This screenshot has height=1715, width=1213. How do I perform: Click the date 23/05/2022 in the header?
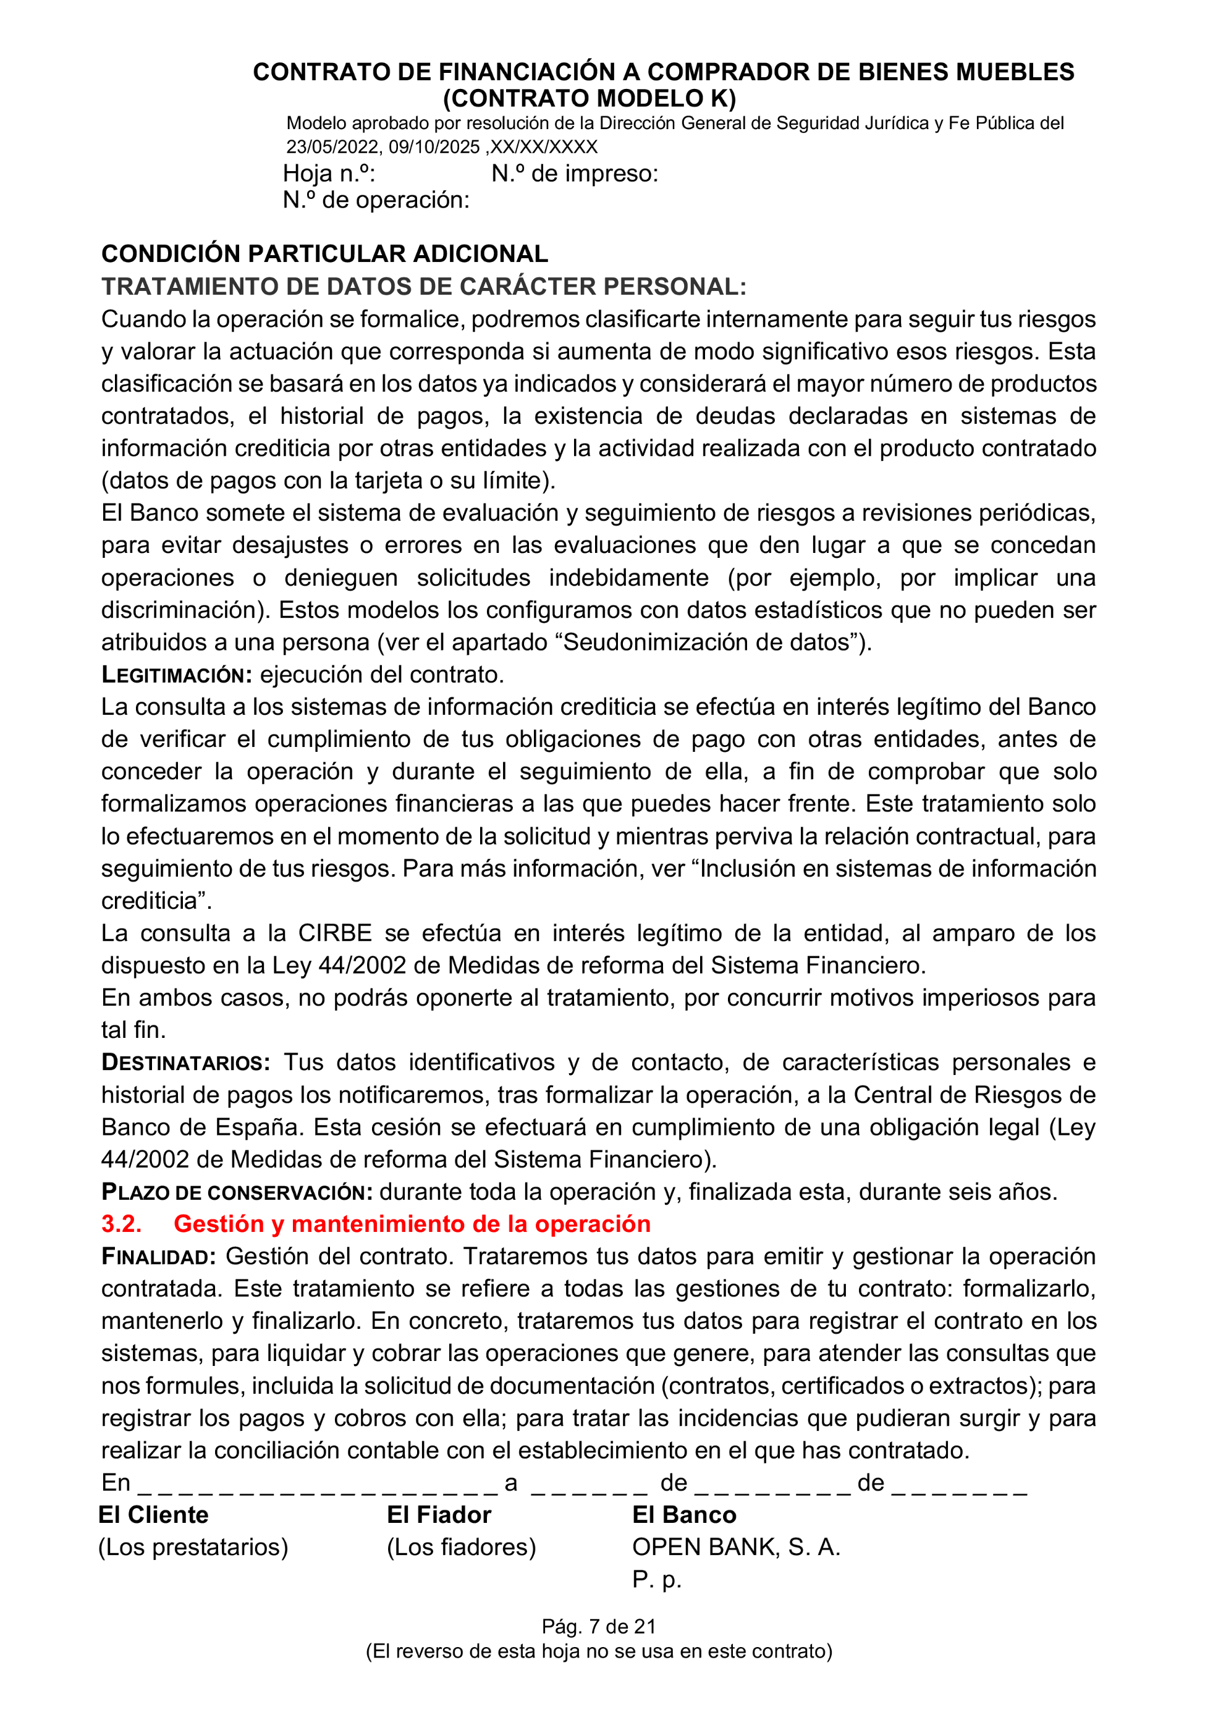click(x=331, y=147)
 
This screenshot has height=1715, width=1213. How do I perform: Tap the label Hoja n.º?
click(x=329, y=174)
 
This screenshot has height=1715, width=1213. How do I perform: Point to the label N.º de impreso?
click(x=575, y=174)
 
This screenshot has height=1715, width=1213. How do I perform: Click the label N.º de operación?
click(x=376, y=200)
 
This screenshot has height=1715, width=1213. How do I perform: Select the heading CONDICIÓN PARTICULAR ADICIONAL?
click(x=324, y=254)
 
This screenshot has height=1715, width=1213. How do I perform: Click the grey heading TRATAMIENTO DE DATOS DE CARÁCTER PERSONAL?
click(x=423, y=287)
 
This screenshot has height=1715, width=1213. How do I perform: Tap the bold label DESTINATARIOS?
click(x=186, y=1063)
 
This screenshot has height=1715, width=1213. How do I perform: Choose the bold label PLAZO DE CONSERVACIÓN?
click(x=237, y=1192)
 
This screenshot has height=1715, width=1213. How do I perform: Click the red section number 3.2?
click(x=121, y=1224)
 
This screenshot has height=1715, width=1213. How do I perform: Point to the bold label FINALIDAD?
click(x=158, y=1257)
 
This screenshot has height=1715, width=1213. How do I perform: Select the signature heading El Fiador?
click(x=439, y=1515)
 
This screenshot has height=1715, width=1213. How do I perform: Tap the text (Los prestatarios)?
click(x=193, y=1547)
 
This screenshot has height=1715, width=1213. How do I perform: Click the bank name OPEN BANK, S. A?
click(x=736, y=1547)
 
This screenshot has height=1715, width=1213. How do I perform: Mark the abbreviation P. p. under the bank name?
click(x=656, y=1579)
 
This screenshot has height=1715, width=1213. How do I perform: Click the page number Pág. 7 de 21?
click(x=598, y=1627)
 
